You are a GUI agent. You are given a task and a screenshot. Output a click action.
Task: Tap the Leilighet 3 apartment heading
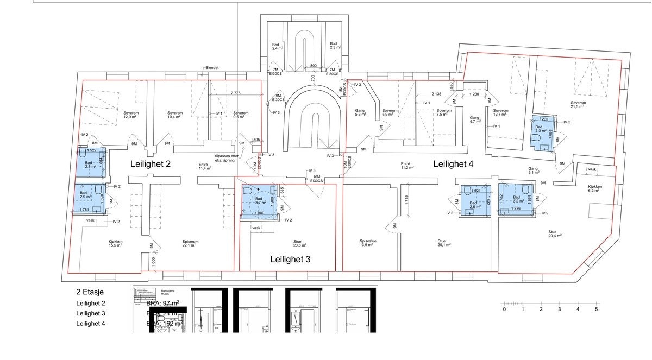click(291, 260)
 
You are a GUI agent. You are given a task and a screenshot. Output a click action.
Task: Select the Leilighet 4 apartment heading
click(454, 163)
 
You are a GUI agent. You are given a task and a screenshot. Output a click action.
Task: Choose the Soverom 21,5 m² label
click(578, 105)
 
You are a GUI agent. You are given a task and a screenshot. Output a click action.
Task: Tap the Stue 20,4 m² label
click(555, 233)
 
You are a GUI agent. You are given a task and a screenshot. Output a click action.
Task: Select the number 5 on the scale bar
click(596, 310)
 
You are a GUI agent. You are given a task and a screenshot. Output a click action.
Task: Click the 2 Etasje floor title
click(90, 292)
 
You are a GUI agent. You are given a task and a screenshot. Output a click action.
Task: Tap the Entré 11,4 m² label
click(205, 167)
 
